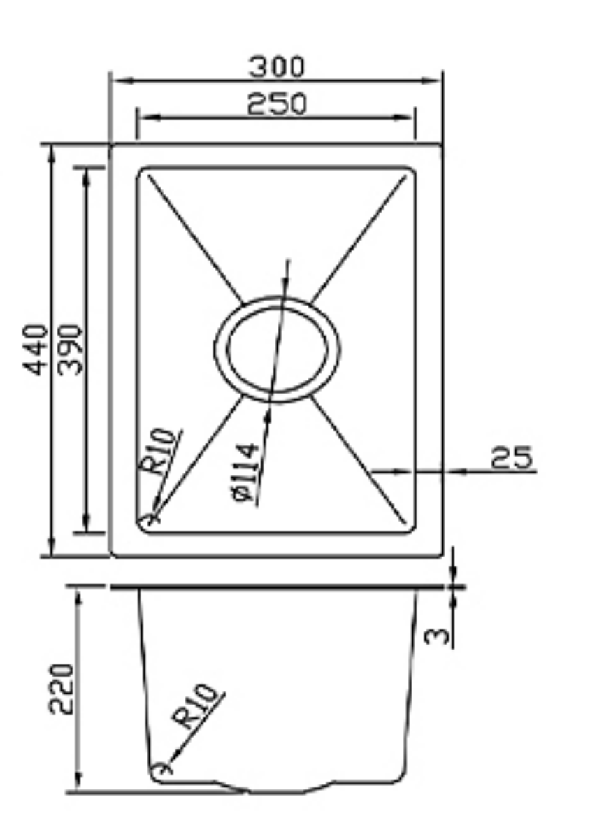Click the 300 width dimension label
277,67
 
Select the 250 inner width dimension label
277,104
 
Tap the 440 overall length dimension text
37,350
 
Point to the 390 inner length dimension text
70,350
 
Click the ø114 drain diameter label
244,473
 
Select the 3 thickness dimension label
437,635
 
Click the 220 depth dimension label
61,689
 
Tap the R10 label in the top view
159,453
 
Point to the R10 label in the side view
195,707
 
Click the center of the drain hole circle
277,350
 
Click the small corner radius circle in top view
149,519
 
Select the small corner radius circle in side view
163,768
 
